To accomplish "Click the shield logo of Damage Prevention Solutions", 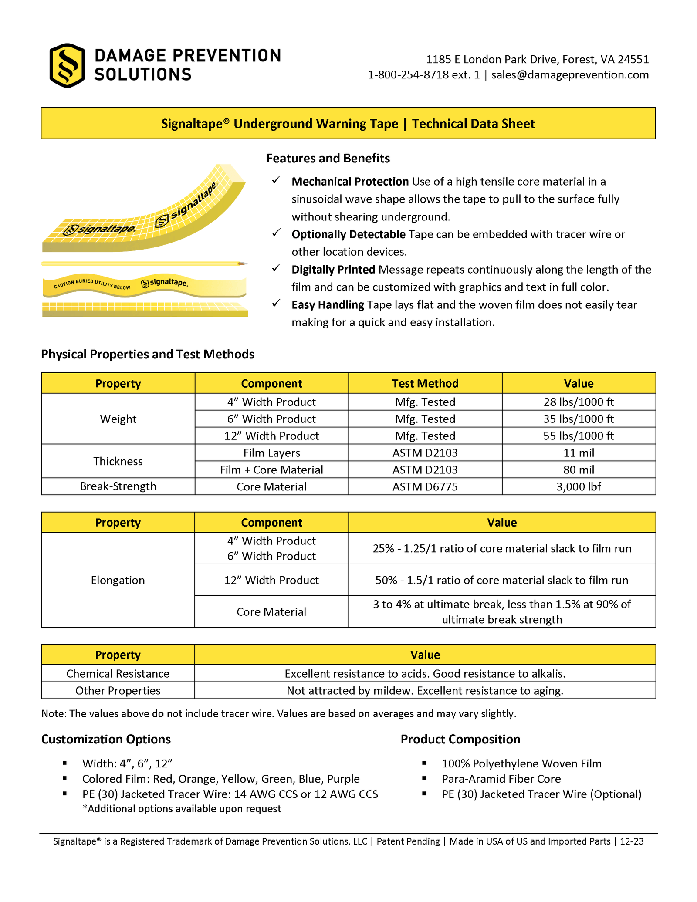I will point(67,66).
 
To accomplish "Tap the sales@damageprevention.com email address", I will point(570,75).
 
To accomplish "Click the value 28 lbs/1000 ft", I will point(579,402).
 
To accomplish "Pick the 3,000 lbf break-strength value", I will point(579,486).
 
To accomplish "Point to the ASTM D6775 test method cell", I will point(425,486).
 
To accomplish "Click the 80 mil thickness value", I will point(579,470).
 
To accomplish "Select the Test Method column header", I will point(425,383).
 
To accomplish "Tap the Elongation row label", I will point(118,580).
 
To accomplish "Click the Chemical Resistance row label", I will point(118,674).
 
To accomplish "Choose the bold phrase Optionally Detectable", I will point(348,234).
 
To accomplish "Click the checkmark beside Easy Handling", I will point(276,304).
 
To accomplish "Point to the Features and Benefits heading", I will point(328,158).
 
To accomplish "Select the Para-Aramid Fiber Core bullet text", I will point(501,779).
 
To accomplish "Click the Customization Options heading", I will point(106,739).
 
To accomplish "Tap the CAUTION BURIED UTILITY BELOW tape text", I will point(92,284).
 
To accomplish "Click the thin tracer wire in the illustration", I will point(144,264).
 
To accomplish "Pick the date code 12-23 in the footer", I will point(632,841).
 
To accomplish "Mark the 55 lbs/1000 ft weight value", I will point(579,436).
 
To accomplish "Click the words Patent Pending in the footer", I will point(408,841).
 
